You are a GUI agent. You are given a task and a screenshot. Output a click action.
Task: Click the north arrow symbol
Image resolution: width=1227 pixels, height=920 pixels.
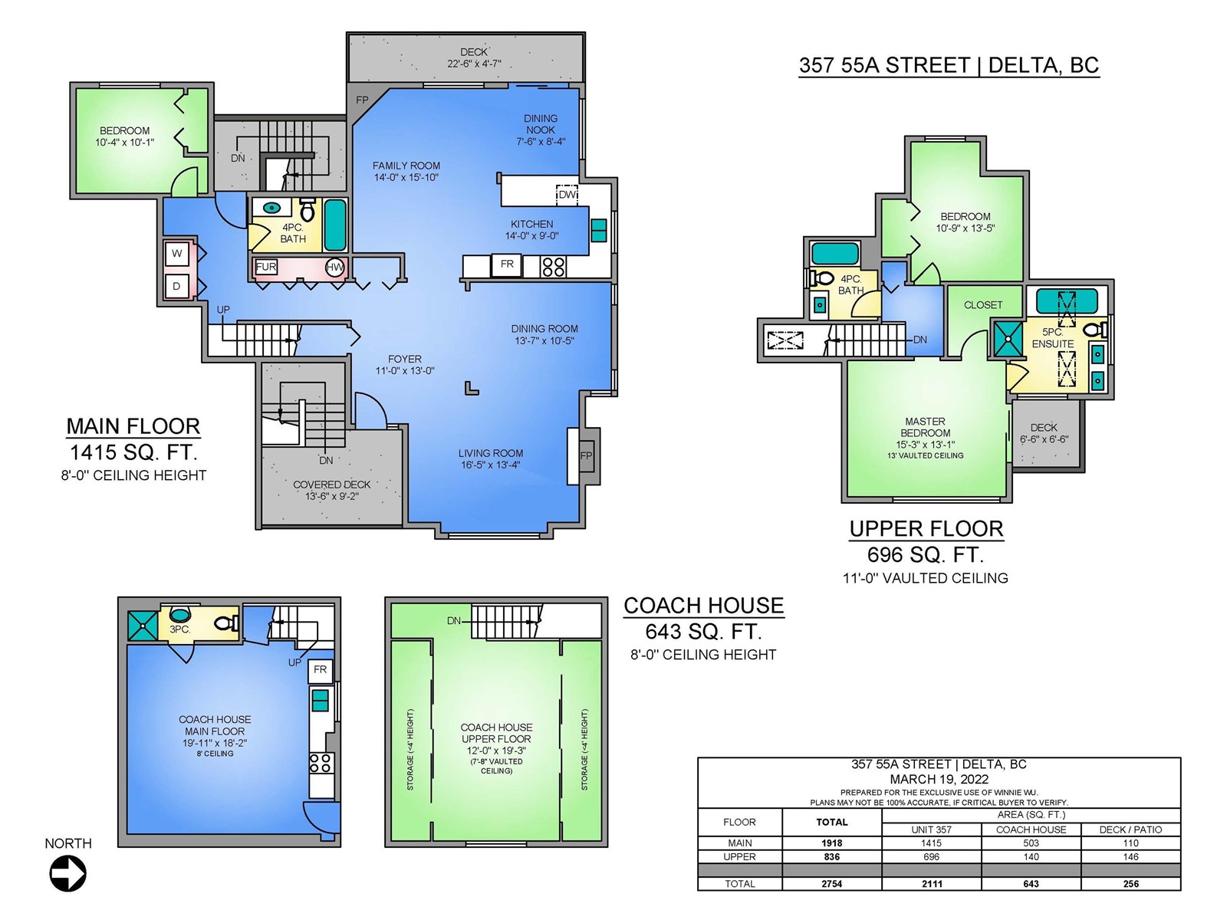(x=67, y=874)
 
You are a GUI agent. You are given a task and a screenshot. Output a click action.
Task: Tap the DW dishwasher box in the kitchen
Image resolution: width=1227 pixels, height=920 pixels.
(x=567, y=195)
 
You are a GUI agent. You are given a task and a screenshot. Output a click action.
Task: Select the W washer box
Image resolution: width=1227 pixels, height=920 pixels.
(x=176, y=254)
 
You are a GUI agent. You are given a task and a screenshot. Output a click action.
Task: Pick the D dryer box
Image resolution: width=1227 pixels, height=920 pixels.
(x=176, y=287)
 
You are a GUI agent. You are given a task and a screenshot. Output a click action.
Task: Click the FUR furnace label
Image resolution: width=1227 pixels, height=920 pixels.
(x=265, y=267)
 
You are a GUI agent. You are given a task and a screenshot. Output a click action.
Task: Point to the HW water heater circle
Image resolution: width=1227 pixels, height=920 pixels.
(x=335, y=268)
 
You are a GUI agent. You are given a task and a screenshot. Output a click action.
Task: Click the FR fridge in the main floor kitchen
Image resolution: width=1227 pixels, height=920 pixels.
(x=506, y=264)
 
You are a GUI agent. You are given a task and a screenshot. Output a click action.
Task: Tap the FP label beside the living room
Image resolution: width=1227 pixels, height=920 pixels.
(x=586, y=456)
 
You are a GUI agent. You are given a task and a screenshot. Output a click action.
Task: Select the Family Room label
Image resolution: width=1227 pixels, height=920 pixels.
(x=406, y=166)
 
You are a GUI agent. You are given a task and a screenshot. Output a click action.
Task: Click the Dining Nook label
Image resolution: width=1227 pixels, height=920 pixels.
(x=541, y=124)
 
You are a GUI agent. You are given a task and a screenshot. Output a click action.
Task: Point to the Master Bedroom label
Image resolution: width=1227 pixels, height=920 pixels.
(x=925, y=427)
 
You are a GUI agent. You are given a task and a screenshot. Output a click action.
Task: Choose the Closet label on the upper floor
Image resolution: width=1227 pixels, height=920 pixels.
(x=983, y=305)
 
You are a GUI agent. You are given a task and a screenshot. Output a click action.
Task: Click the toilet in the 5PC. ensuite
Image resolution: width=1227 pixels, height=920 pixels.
(x=1096, y=330)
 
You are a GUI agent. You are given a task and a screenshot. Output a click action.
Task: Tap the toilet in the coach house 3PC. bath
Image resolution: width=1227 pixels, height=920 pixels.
(x=228, y=623)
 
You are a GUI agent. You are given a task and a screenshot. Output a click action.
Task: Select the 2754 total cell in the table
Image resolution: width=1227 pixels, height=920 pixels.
(x=832, y=884)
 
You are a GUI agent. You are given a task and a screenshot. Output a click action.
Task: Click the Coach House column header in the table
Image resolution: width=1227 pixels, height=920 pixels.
(x=1031, y=830)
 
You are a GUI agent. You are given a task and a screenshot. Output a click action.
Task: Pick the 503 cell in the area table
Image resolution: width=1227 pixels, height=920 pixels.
(x=1031, y=843)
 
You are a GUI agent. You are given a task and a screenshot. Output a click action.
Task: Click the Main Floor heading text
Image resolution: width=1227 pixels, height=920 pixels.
(x=133, y=427)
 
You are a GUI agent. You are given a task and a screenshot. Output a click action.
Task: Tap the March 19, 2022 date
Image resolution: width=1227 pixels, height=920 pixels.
(x=939, y=779)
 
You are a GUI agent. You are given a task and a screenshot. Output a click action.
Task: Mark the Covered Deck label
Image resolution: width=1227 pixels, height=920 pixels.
(x=332, y=485)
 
